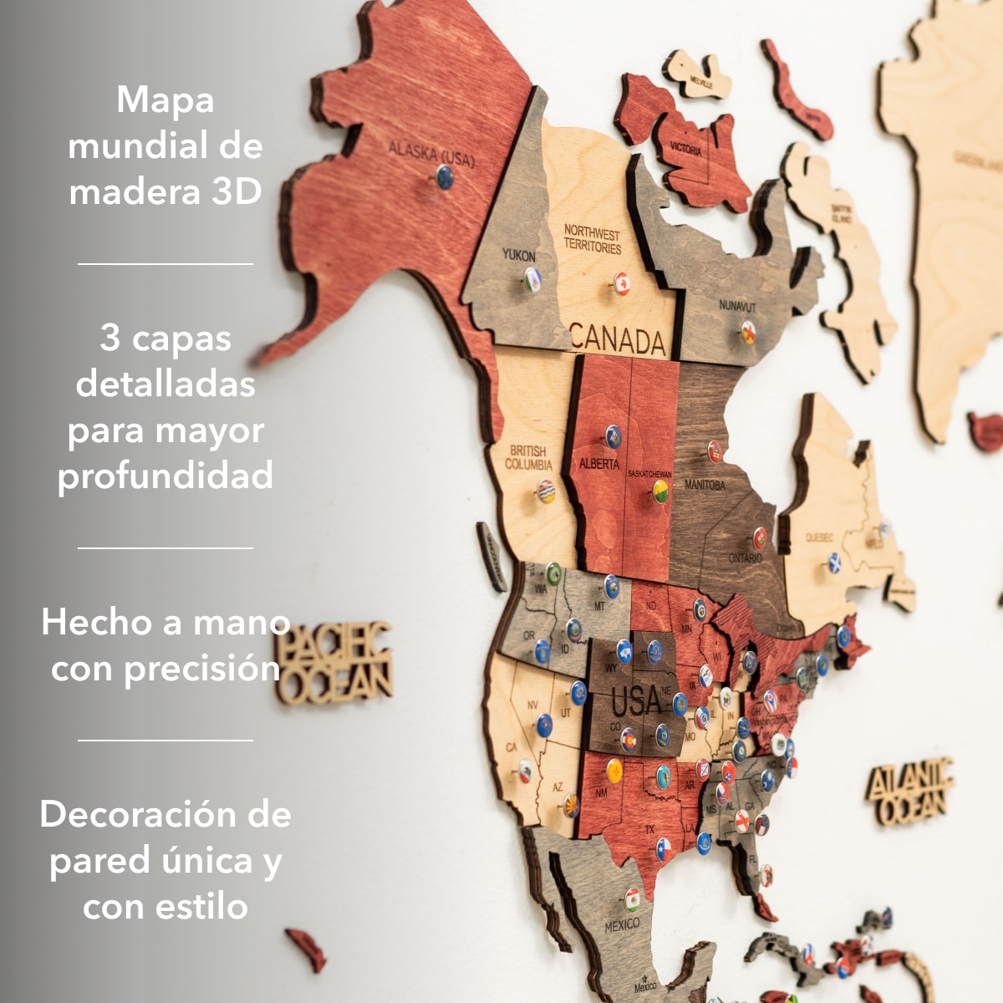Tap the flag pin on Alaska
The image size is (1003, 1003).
[445, 176]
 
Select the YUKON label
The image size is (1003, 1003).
[519, 255]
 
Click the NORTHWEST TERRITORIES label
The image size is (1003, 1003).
[592, 239]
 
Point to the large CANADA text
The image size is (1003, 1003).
[618, 340]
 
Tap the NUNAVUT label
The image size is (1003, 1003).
[737, 307]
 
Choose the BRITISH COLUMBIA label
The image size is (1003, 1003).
[528, 457]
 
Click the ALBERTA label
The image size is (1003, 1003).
[599, 463]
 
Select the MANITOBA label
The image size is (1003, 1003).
[705, 485]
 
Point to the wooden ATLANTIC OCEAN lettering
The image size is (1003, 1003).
[910, 791]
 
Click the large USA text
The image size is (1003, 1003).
[637, 700]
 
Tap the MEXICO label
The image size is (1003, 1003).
[622, 925]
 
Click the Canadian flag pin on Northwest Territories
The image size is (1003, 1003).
[621, 283]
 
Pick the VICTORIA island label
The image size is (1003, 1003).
[685, 150]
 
